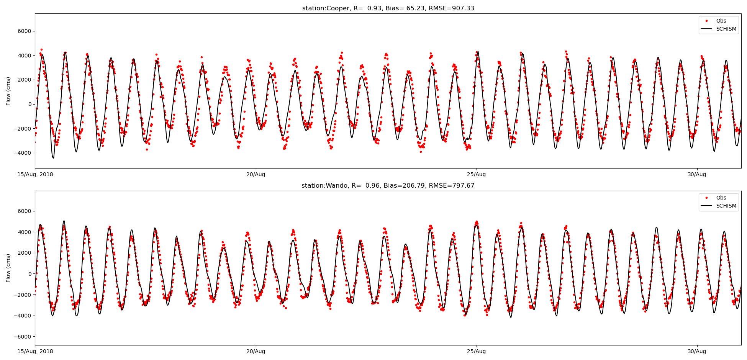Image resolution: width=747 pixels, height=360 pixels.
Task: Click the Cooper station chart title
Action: [388, 8]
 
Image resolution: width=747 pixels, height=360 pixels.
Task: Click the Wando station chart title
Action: [388, 186]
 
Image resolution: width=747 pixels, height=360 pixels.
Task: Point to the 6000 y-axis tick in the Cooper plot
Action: [25, 31]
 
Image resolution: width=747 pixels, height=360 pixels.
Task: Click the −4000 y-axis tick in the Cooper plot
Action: [23, 153]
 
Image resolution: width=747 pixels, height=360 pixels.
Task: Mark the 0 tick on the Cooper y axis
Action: [29, 104]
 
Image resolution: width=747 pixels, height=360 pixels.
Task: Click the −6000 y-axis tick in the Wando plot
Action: [23, 337]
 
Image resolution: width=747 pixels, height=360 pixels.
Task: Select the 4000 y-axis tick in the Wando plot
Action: [25, 232]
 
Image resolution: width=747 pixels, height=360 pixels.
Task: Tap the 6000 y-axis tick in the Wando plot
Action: [25, 211]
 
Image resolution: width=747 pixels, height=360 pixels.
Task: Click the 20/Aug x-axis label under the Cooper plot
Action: [256, 175]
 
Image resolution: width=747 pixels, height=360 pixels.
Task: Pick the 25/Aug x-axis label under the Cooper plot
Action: [476, 175]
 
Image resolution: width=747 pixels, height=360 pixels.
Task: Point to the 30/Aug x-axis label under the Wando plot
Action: [697, 352]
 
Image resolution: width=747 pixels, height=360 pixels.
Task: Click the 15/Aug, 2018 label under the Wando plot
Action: [35, 352]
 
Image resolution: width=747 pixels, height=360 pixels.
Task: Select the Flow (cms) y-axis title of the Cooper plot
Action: [8, 91]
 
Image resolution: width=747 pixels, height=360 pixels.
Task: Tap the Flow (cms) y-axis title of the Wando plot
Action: [8, 268]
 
